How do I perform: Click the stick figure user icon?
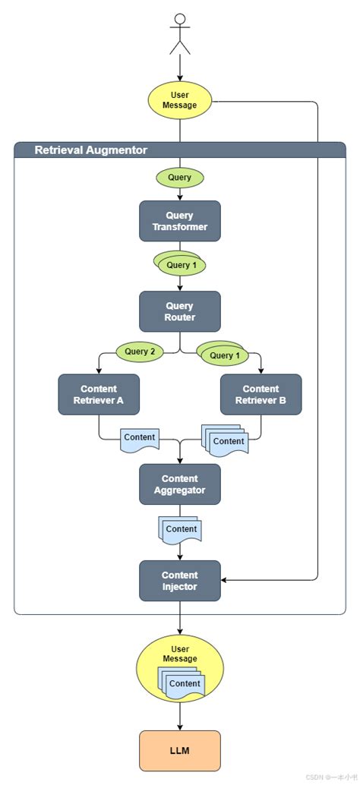click(x=180, y=33)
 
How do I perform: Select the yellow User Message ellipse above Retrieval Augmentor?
click(x=180, y=100)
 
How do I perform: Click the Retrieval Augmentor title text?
click(x=90, y=150)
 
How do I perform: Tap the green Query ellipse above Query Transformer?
click(x=180, y=178)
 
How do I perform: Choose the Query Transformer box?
click(x=180, y=221)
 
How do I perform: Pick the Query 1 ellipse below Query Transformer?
click(x=180, y=264)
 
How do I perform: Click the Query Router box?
click(x=180, y=311)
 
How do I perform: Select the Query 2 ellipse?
click(x=140, y=352)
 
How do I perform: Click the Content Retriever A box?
click(x=99, y=395)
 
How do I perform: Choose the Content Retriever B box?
click(x=261, y=395)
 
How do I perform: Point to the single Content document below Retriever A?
click(x=140, y=439)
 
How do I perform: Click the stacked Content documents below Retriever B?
click(x=225, y=440)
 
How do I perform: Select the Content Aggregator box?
click(x=180, y=484)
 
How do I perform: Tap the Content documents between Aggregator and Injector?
click(x=180, y=530)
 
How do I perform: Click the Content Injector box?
click(x=180, y=581)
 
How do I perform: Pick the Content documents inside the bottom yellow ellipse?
click(x=182, y=683)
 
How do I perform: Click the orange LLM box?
click(x=180, y=751)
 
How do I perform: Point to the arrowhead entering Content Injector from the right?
click(x=224, y=581)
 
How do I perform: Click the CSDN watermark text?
click(x=330, y=777)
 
